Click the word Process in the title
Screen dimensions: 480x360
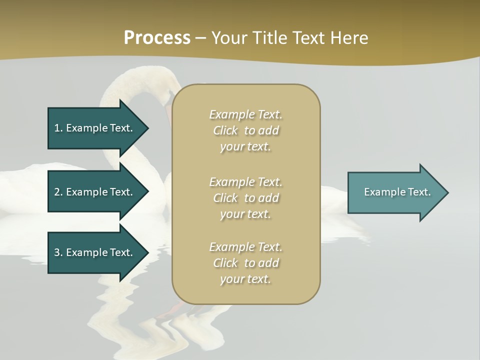(x=157, y=38)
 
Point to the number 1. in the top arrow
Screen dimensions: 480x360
(x=58, y=128)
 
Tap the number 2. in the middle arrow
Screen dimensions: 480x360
(x=58, y=192)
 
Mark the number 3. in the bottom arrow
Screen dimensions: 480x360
(x=58, y=252)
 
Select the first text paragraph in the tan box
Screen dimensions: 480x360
(x=245, y=130)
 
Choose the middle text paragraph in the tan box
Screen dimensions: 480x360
(x=245, y=198)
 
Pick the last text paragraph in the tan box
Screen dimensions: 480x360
(x=245, y=263)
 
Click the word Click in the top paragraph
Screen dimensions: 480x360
(x=225, y=131)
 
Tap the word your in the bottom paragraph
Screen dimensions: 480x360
(x=231, y=279)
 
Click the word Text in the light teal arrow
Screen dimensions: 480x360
(x=419, y=192)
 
